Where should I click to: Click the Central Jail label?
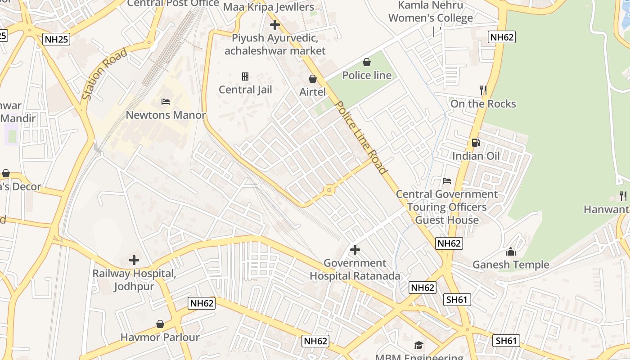coord(245,90)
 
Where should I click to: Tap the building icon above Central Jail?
coord(245,76)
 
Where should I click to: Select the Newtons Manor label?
coord(166,115)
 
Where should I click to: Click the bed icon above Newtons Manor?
coord(166,102)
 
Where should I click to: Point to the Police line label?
coord(367,75)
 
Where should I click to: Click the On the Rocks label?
coord(483,104)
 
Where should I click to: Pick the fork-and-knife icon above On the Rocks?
coord(483,90)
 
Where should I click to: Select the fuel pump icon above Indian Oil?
coord(476,143)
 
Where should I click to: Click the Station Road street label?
coord(105,74)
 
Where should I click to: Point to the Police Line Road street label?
coord(361,138)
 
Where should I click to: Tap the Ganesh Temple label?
coord(511,265)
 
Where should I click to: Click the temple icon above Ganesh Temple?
coord(511,251)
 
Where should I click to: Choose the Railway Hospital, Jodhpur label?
coord(134,280)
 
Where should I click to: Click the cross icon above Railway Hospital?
coord(134,260)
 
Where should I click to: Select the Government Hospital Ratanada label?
coord(355,270)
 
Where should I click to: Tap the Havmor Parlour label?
coord(160,337)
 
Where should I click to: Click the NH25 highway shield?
coord(57,39)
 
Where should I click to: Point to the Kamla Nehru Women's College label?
coord(431,12)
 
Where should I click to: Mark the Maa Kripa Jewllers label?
coord(269,7)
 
